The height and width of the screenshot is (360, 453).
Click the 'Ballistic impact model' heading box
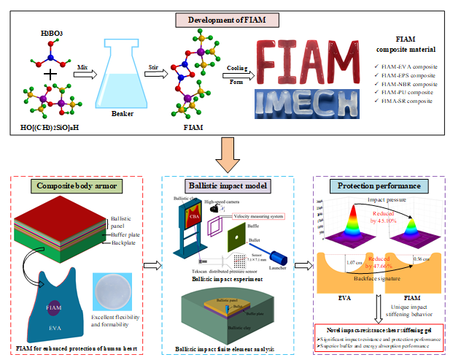point(226,185)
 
